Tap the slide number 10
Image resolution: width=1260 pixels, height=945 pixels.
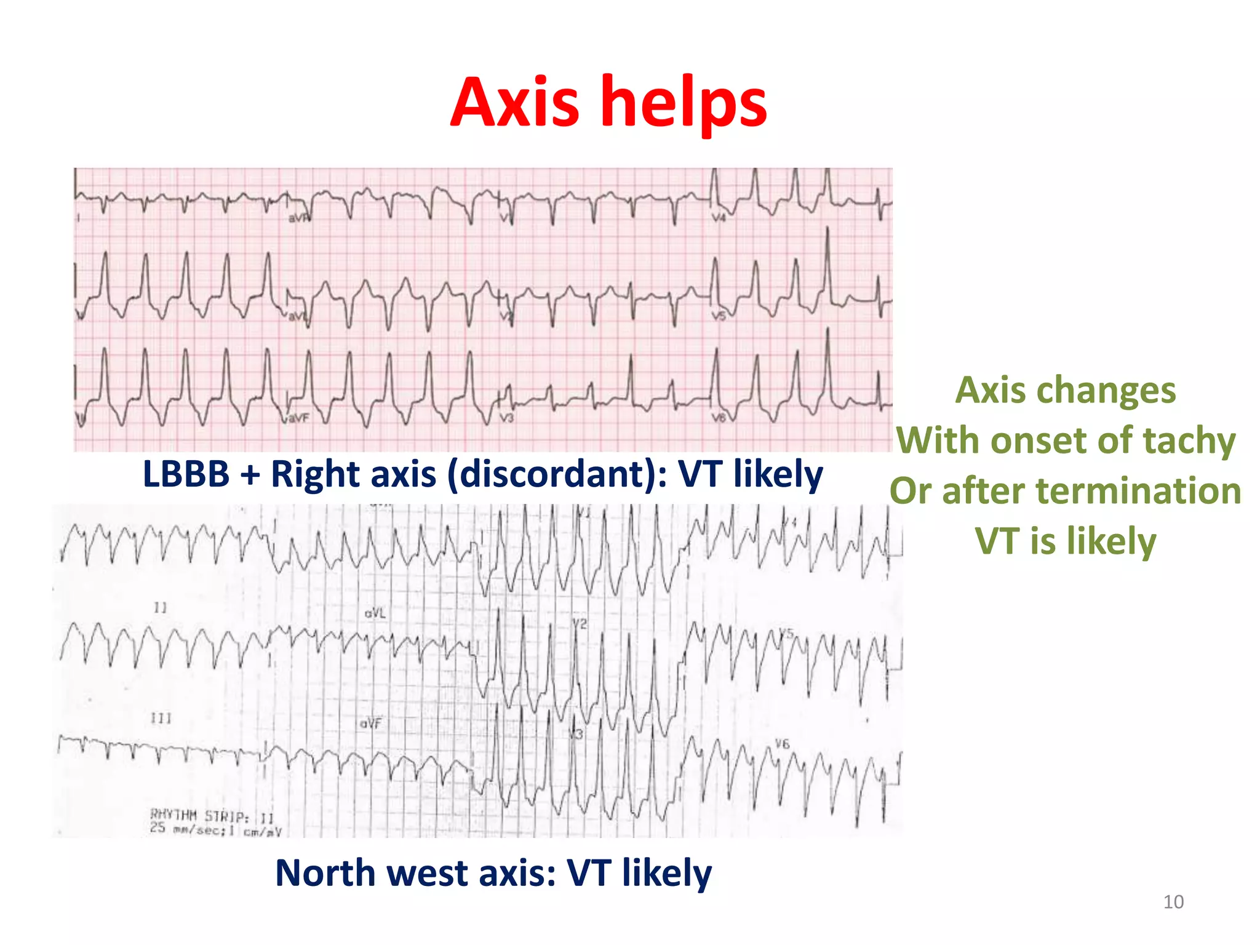[x=1173, y=902]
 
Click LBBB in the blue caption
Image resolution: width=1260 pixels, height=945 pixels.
[x=186, y=474]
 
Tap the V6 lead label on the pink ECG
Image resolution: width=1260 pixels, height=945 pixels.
[x=719, y=418]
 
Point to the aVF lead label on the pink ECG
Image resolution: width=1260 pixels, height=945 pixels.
[x=298, y=418]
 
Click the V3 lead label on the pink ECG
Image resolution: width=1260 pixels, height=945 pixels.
[x=506, y=418]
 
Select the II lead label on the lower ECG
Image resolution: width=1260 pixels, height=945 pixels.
[x=160, y=608]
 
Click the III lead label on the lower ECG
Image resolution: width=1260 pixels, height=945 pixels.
[x=161, y=718]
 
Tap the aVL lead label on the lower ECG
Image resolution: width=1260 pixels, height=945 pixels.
[x=375, y=613]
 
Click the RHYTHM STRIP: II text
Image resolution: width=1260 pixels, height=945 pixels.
[x=212, y=816]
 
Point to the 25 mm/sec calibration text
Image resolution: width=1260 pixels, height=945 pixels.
[x=215, y=830]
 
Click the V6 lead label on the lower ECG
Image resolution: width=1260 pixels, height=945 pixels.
[x=781, y=744]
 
